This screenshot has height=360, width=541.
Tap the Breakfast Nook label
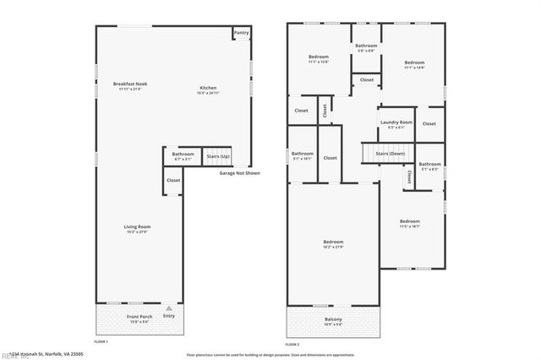tap(130, 84)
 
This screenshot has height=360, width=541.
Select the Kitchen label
tap(208, 88)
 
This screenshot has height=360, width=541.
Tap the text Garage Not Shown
tap(240, 173)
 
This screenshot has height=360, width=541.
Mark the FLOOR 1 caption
tap(101, 341)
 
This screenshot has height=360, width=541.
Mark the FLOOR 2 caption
tap(292, 345)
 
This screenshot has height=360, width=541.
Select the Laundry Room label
tap(396, 123)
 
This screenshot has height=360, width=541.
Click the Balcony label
tap(334, 319)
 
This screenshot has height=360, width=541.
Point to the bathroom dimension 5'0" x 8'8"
tap(366, 51)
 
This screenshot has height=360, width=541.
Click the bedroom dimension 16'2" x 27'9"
tap(333, 246)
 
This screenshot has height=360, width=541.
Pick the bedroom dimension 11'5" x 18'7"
tap(410, 226)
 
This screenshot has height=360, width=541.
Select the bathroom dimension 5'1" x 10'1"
tap(303, 159)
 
